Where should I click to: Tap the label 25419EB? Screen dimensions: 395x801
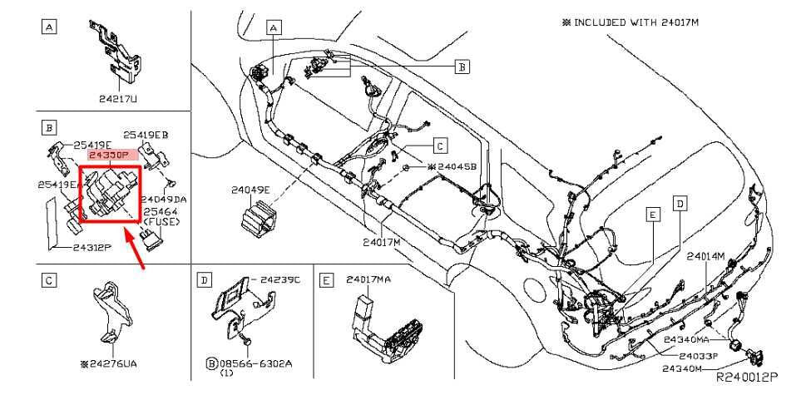click(x=146, y=134)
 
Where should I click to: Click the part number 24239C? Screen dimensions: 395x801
click(x=280, y=281)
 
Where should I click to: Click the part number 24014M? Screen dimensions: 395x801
click(x=706, y=256)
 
